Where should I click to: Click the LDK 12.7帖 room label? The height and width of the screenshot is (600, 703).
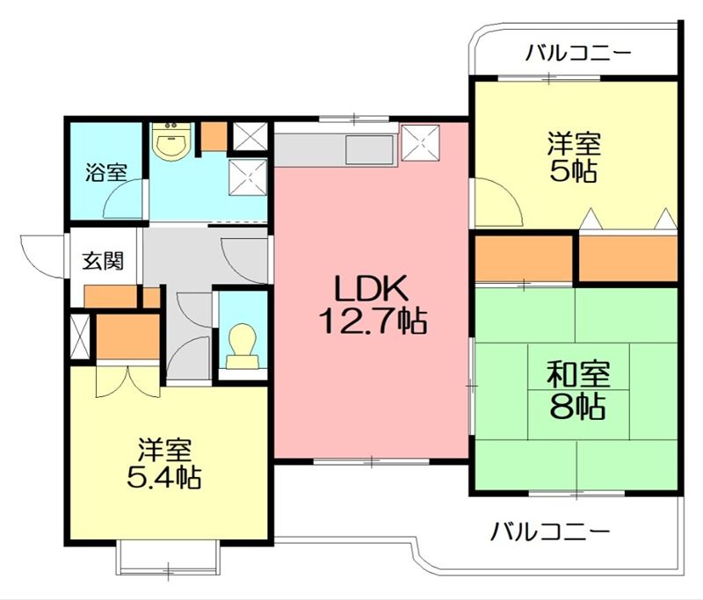click(x=372, y=304)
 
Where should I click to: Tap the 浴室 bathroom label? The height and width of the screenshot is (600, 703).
click(x=106, y=172)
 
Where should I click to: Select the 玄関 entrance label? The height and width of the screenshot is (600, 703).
click(x=103, y=261)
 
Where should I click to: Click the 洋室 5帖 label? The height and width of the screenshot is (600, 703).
click(x=574, y=157)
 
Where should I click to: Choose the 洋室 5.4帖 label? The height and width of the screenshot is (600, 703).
click(x=163, y=464)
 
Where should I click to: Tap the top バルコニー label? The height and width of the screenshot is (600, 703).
click(x=578, y=53)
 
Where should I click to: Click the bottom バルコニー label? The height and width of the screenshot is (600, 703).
click(x=550, y=531)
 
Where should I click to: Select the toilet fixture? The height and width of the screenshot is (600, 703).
click(x=243, y=345)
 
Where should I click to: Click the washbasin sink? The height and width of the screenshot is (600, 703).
click(x=171, y=141)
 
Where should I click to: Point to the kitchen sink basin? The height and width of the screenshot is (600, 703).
click(x=369, y=149)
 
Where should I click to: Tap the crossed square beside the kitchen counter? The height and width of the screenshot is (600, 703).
click(x=420, y=142)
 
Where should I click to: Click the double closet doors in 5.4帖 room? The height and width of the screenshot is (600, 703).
click(x=128, y=381)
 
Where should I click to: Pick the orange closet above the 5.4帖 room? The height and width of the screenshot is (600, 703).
click(x=128, y=336)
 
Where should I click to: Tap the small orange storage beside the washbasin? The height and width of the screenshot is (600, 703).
click(x=214, y=136)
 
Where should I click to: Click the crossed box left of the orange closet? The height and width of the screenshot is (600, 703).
click(x=81, y=336)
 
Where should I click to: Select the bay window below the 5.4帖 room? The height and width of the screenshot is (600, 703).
click(x=168, y=557)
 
